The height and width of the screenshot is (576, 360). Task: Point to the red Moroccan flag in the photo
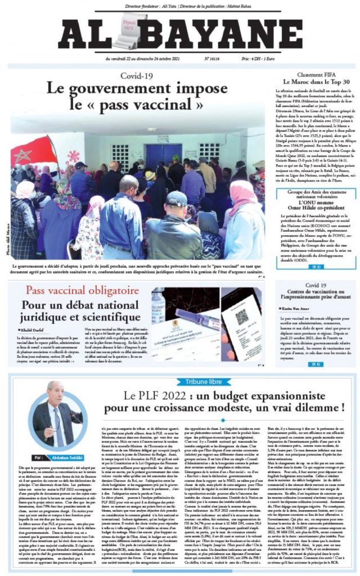25,152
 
